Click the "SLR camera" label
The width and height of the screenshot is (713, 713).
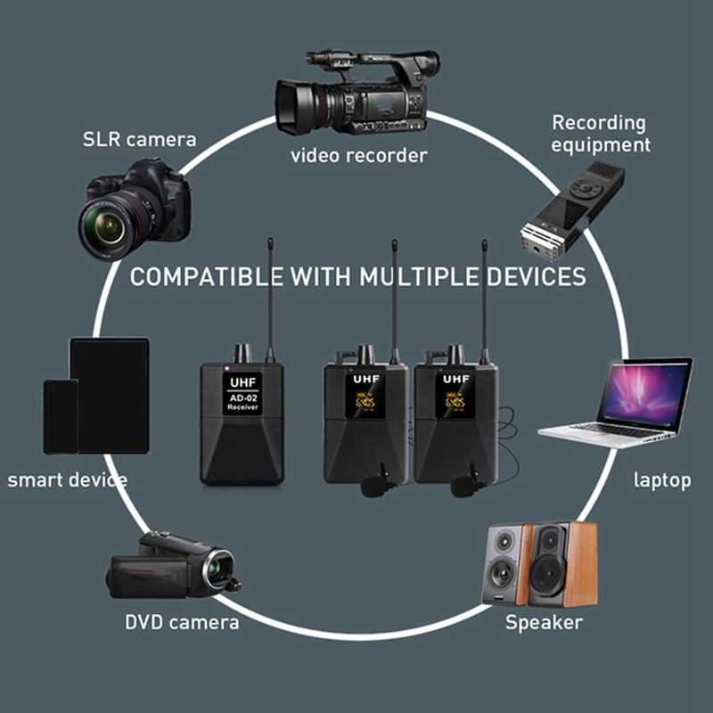tap(139, 139)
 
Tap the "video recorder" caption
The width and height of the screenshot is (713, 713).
tap(359, 155)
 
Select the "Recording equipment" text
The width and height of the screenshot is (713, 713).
tap(600, 133)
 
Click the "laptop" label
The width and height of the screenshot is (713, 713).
tap(662, 480)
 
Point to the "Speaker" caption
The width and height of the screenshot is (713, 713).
tap(544, 622)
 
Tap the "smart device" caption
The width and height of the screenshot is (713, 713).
tap(68, 480)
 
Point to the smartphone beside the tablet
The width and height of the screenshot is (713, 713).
tap(61, 416)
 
